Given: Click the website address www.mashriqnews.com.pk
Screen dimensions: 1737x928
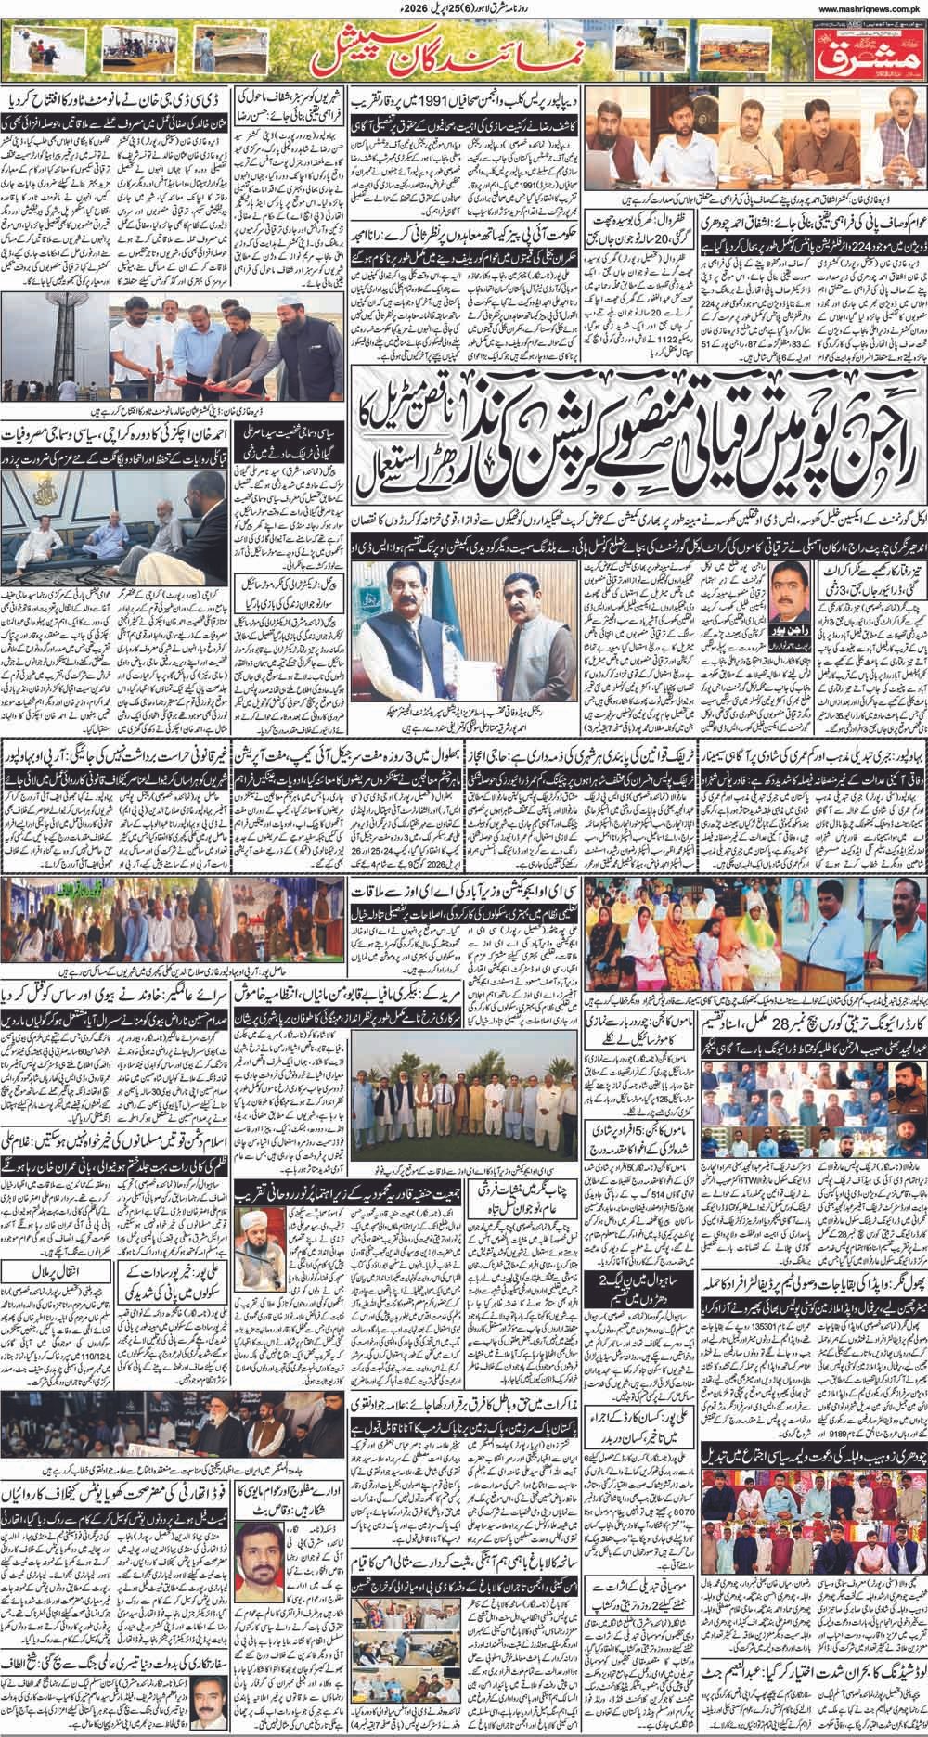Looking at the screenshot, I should click(857, 9).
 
